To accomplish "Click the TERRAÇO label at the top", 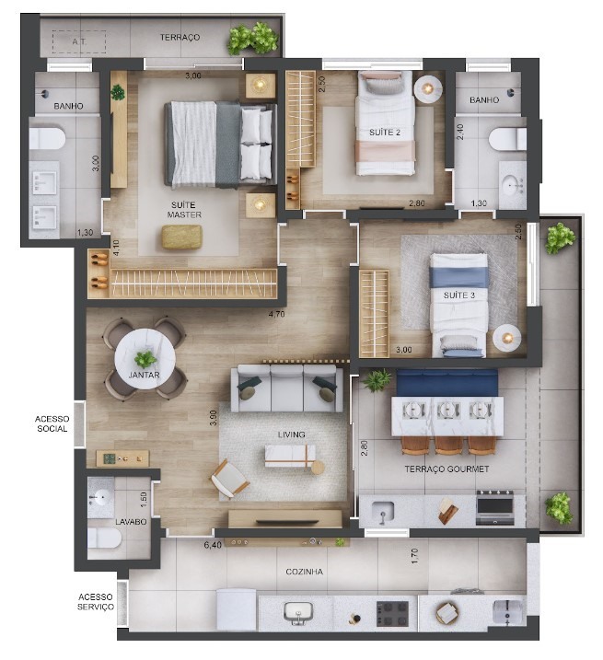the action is click(x=180, y=38).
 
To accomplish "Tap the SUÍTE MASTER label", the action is click(x=184, y=210).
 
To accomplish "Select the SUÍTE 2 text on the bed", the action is click(x=385, y=133).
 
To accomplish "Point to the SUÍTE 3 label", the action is click(x=459, y=295).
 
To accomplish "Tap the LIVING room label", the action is click(x=292, y=434).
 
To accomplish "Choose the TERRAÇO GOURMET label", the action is click(x=446, y=469).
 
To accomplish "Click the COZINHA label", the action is click(x=305, y=572).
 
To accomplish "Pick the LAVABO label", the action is click(x=131, y=522).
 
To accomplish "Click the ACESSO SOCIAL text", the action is click(x=52, y=423).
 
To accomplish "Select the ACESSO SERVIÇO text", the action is click(x=96, y=602).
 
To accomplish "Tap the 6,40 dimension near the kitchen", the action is click(x=213, y=545).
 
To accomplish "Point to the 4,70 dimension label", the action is click(x=277, y=314).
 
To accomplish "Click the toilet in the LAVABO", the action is click(x=105, y=538).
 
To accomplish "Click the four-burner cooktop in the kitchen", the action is click(x=392, y=614).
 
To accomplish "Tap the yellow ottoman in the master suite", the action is click(x=182, y=237).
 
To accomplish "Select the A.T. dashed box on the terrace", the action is click(x=79, y=41).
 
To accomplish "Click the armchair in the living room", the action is click(x=230, y=480).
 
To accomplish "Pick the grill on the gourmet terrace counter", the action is click(x=494, y=507).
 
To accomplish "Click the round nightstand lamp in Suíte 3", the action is click(x=507, y=338).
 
